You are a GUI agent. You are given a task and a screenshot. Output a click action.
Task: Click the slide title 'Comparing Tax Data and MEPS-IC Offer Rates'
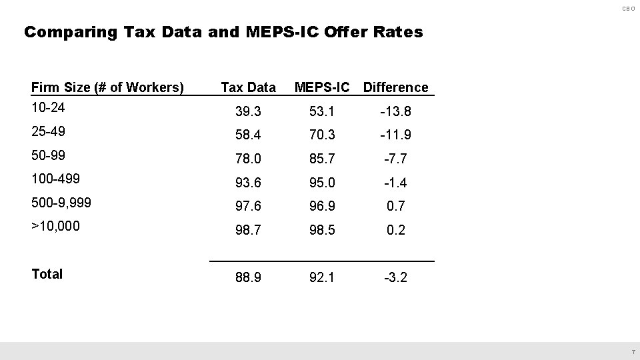click(x=223, y=32)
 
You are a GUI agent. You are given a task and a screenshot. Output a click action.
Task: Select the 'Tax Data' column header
click(x=248, y=87)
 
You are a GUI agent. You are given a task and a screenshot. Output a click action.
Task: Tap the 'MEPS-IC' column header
click(x=322, y=87)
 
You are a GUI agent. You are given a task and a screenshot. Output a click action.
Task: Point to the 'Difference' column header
click(x=396, y=87)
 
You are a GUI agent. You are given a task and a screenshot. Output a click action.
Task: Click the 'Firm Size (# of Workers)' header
click(x=108, y=87)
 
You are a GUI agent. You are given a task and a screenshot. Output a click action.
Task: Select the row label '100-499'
click(x=55, y=178)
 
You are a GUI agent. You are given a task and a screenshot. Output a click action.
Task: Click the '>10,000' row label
click(x=55, y=226)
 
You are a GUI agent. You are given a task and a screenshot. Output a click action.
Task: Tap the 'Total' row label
click(x=47, y=274)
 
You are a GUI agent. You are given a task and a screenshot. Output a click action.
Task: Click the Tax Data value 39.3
click(x=248, y=111)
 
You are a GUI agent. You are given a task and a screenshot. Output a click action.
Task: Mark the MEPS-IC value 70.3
click(x=322, y=135)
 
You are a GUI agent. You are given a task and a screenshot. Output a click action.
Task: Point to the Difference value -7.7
click(x=395, y=159)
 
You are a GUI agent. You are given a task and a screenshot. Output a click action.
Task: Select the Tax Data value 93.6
click(x=248, y=183)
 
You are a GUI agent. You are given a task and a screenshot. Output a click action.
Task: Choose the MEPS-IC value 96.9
click(x=322, y=207)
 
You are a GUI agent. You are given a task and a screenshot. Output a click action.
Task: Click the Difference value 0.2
click(x=396, y=231)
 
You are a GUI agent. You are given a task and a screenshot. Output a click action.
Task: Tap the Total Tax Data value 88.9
click(x=248, y=277)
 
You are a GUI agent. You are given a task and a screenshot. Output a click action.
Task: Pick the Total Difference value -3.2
click(x=395, y=277)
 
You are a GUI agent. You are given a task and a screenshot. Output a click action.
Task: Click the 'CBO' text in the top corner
click(x=629, y=9)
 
